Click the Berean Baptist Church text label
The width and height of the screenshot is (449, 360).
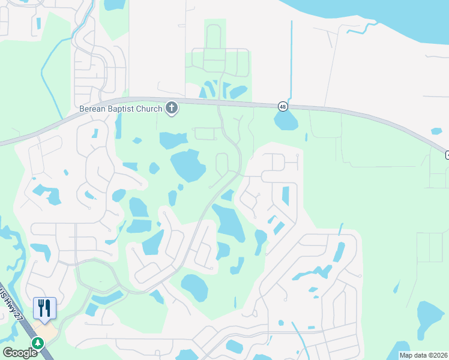(121, 109)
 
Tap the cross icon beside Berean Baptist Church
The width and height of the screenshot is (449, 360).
(172, 108)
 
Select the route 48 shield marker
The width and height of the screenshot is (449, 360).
(282, 106)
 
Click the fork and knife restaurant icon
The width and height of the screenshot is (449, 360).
(44, 308)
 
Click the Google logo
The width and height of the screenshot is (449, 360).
(20, 353)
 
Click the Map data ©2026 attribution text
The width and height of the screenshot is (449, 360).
(423, 355)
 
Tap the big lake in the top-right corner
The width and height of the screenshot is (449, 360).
(384, 24)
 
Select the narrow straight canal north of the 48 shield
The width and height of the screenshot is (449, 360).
(291, 60)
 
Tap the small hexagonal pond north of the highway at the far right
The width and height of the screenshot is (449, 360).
(436, 131)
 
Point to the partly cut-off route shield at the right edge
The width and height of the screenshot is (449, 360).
(447, 155)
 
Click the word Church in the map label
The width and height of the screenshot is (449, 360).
(149, 109)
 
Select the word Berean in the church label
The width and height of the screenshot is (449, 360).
(92, 109)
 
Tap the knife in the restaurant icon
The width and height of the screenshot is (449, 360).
(48, 308)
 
